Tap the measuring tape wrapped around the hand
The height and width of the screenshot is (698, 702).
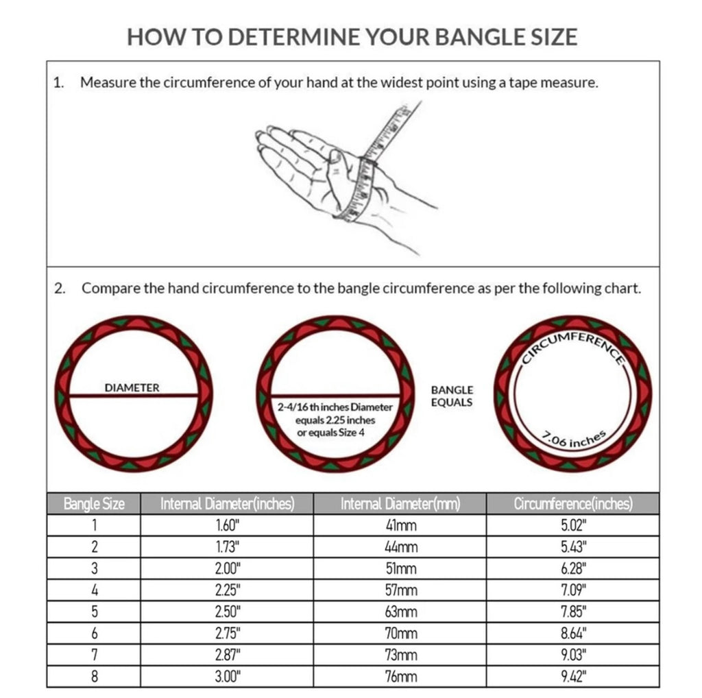362,189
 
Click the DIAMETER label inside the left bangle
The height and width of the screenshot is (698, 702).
132,387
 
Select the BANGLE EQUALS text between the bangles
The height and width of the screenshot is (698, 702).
451,396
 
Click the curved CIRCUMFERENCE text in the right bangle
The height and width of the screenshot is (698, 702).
573,345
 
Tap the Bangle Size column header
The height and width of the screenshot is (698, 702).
94,504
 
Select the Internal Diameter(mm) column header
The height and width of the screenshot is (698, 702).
400,504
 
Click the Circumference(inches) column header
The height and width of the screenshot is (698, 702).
572,504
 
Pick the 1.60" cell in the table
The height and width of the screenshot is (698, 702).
227,525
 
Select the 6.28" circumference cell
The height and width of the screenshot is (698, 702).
573,568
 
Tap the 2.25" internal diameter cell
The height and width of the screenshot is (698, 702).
227,590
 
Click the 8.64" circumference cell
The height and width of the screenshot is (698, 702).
573,634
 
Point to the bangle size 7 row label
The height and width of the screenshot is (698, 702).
94,655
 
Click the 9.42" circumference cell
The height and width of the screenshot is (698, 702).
573,677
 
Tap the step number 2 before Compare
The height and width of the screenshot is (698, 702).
59,288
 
